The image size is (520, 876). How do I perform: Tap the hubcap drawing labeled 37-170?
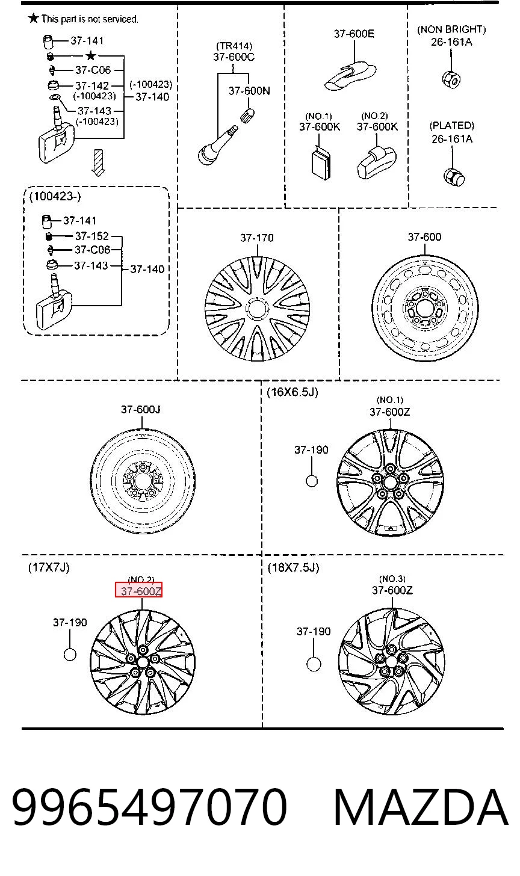257,309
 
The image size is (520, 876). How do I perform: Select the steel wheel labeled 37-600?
425,309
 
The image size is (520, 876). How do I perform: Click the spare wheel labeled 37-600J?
143,481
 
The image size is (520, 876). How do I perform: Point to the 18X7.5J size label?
294,567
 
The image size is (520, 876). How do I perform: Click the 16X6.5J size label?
292,392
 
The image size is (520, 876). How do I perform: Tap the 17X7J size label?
49,567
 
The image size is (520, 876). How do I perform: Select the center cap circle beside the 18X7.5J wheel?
314,664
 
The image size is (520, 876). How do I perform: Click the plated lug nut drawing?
454,177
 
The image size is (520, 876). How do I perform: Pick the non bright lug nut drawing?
451,80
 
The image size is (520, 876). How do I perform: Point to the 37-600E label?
354,34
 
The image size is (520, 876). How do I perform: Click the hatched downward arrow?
98,162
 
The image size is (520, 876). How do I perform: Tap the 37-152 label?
92,236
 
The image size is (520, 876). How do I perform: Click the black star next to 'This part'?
34,18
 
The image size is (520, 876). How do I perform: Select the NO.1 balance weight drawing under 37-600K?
321,163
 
